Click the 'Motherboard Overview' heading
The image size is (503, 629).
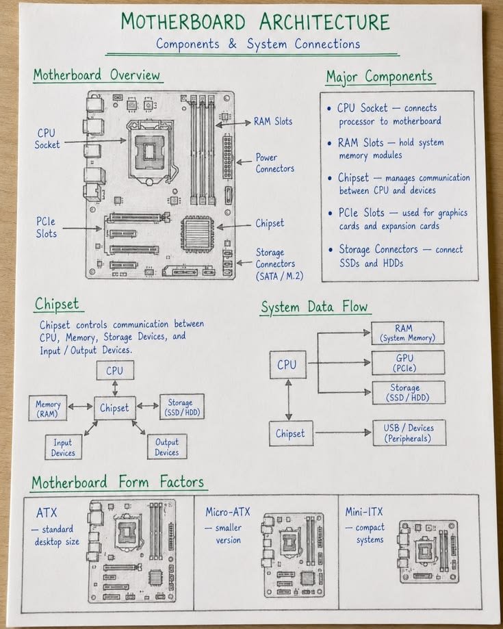pos(96,75)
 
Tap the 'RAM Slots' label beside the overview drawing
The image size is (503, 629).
pos(273,121)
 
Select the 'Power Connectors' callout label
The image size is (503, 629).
pos(274,163)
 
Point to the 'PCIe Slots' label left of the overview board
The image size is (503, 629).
pos(46,227)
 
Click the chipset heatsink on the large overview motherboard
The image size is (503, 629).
pos(197,234)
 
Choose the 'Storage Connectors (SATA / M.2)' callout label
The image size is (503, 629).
pos(279,264)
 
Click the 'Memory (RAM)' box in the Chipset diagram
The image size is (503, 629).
pos(48,409)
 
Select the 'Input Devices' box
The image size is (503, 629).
pos(64,447)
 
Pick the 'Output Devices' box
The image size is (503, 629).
pos(167,447)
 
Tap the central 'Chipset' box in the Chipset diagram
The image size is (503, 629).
pos(115,408)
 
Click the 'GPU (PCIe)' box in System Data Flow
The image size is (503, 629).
pos(408,363)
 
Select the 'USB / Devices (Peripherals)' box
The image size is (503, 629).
pos(409,433)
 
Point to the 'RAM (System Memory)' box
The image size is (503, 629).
pos(408,333)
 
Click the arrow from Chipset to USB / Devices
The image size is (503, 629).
pos(343,433)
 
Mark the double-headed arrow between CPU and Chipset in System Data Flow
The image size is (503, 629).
pos(288,400)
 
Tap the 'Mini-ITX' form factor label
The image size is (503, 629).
pos(364,511)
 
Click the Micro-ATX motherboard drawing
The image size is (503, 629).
pos(293,555)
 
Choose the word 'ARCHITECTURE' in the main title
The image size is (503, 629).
pos(324,22)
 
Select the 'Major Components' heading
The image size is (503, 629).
pos(379,77)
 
